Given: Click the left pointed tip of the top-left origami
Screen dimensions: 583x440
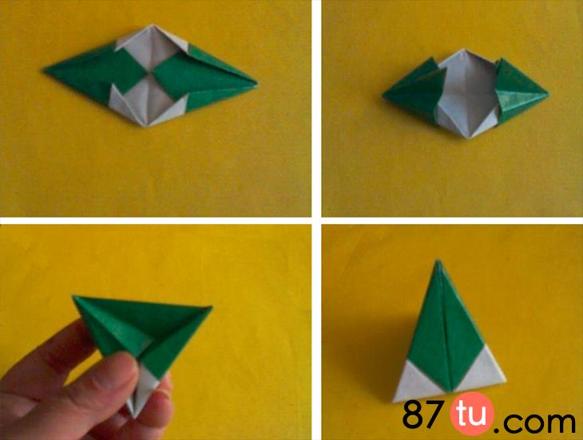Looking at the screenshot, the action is (45, 70).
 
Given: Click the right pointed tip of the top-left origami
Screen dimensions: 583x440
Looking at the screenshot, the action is (256, 84).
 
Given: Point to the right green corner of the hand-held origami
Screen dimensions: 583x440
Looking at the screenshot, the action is (210, 308).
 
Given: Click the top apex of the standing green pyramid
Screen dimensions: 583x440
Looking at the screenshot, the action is (438, 261).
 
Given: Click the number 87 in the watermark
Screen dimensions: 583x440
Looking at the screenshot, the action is (422, 414).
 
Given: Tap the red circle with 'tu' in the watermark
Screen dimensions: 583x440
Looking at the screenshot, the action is (472, 414).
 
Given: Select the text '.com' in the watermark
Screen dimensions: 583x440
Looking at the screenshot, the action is (535, 419).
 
